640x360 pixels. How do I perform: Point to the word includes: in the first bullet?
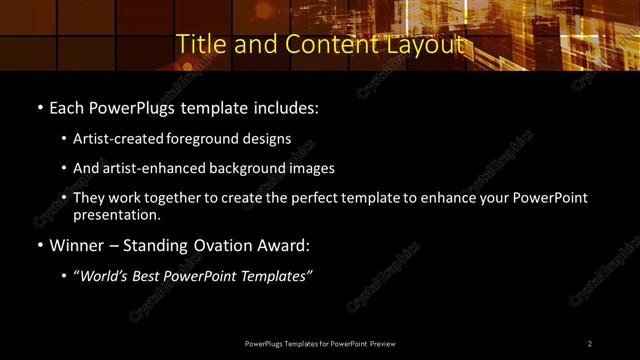tap(285, 106)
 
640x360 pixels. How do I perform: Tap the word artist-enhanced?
tap(162, 168)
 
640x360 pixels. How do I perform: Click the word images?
tap(312, 168)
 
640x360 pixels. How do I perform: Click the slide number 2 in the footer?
tap(590, 344)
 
